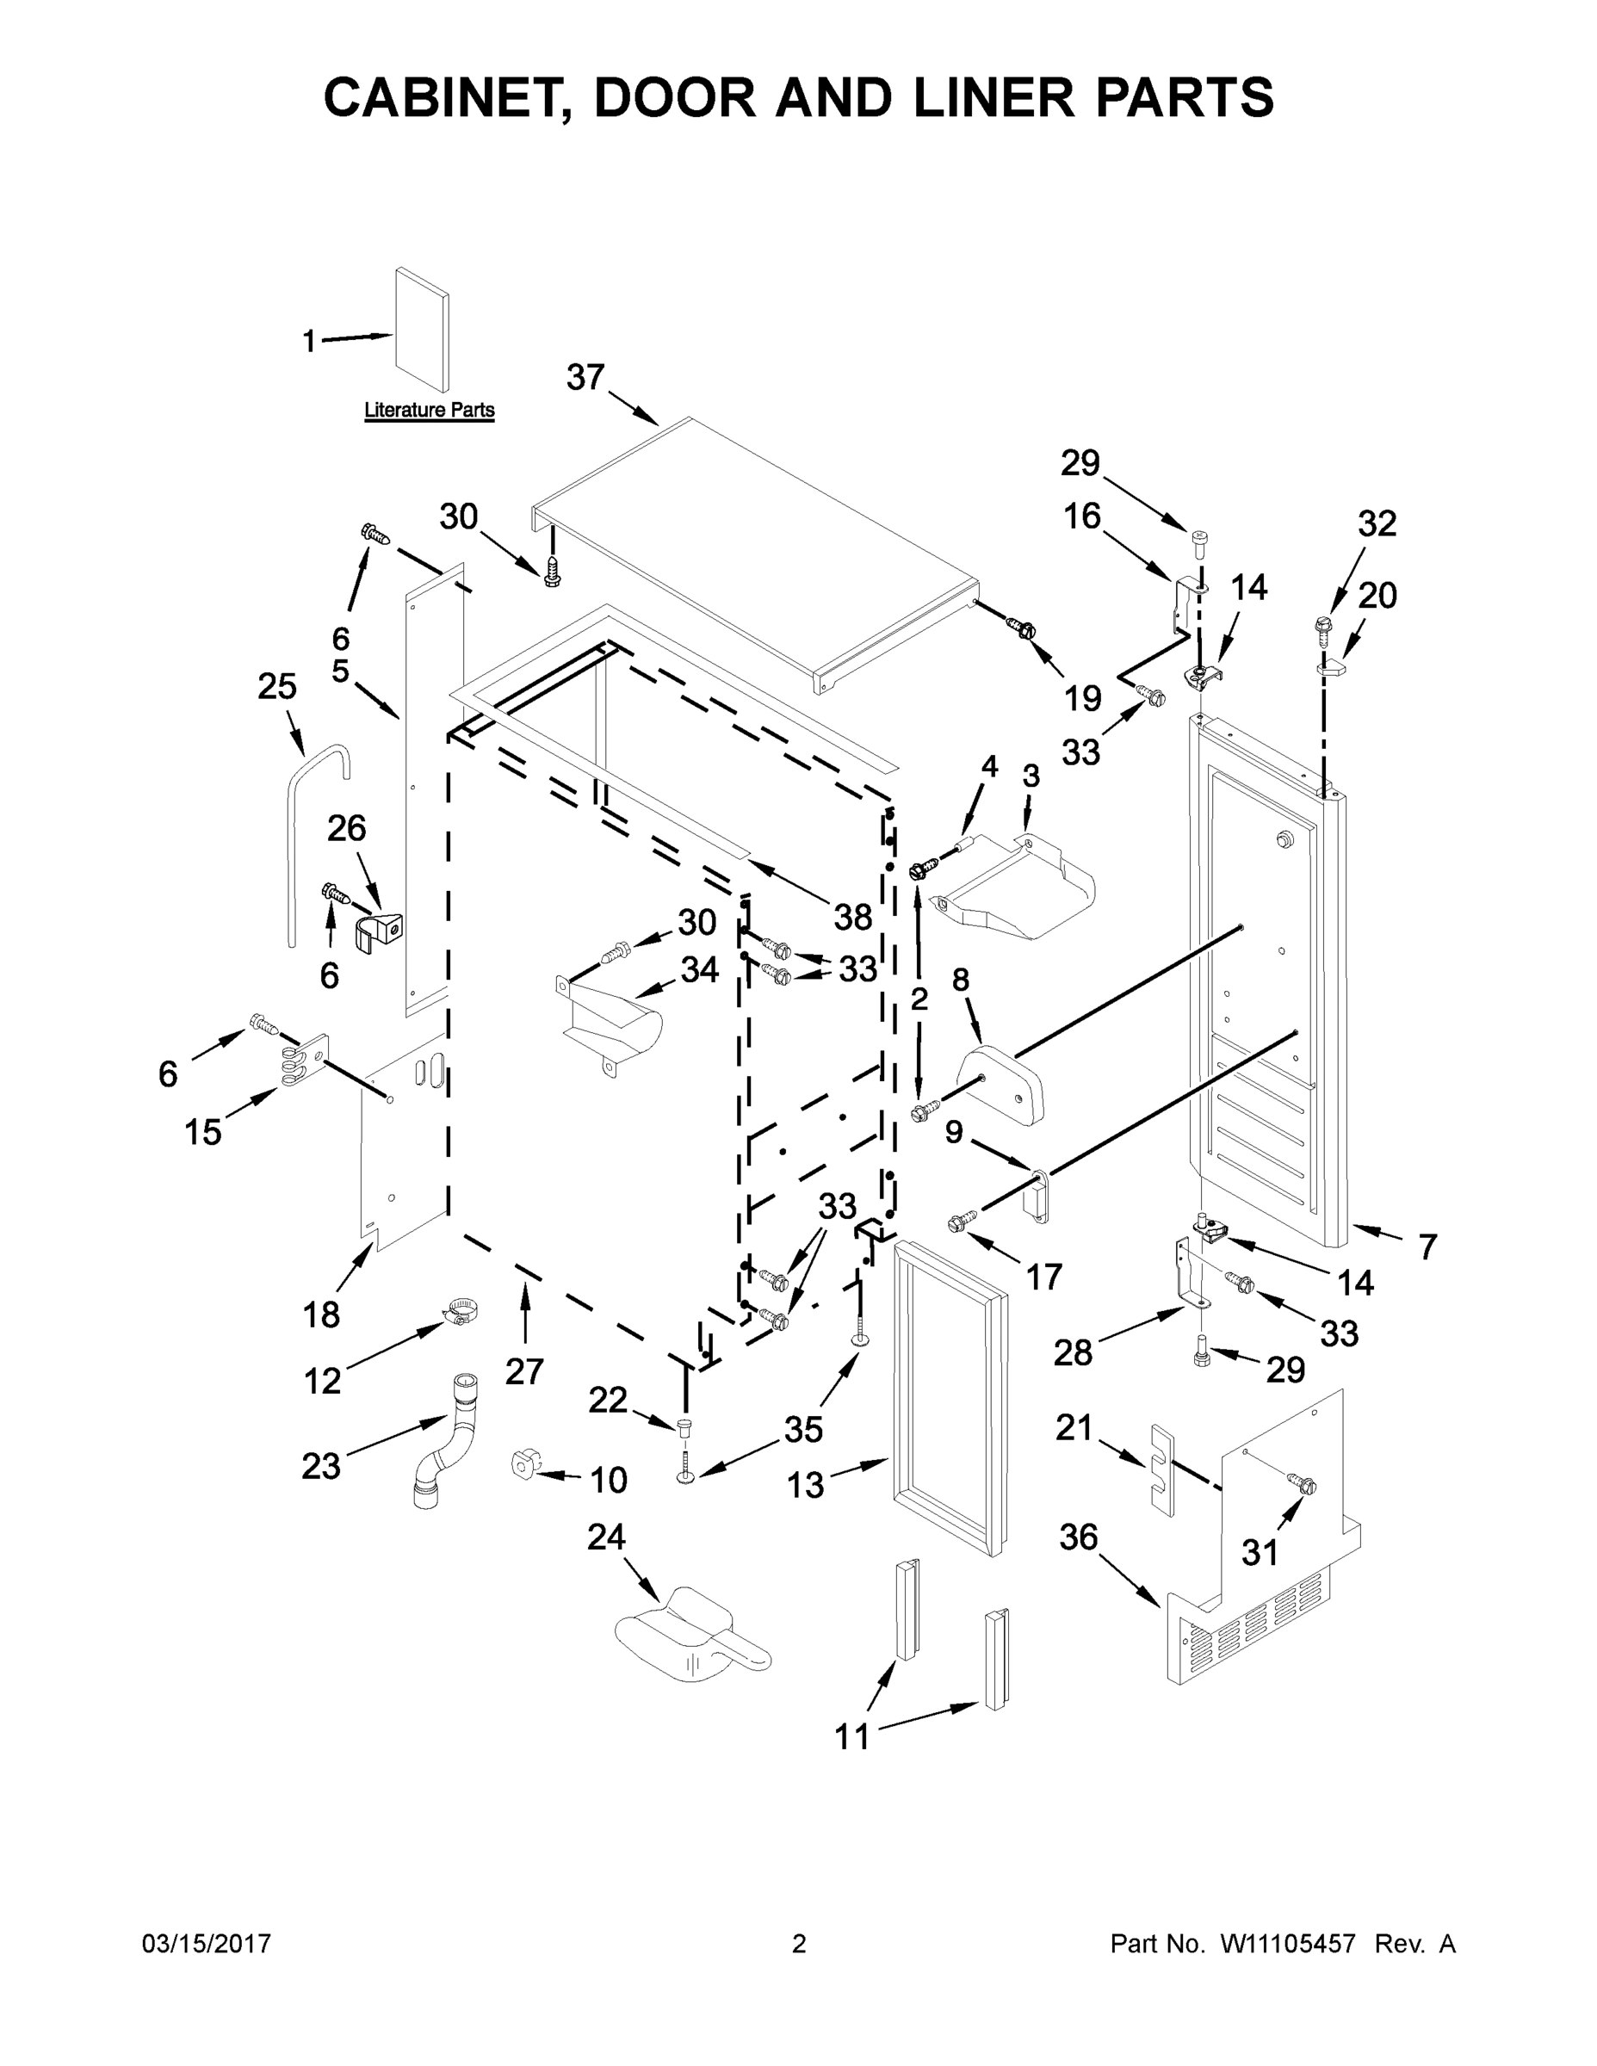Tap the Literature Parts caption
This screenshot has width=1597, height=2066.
tap(430, 410)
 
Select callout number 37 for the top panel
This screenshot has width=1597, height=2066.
tap(585, 376)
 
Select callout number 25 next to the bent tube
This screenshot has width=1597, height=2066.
tap(276, 686)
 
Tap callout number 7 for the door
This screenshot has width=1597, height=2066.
tap(1427, 1246)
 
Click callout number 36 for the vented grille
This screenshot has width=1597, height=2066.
tap(1078, 1537)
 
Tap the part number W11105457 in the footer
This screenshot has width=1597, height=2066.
tap(1288, 1943)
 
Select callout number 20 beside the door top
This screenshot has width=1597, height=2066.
tap(1377, 595)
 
